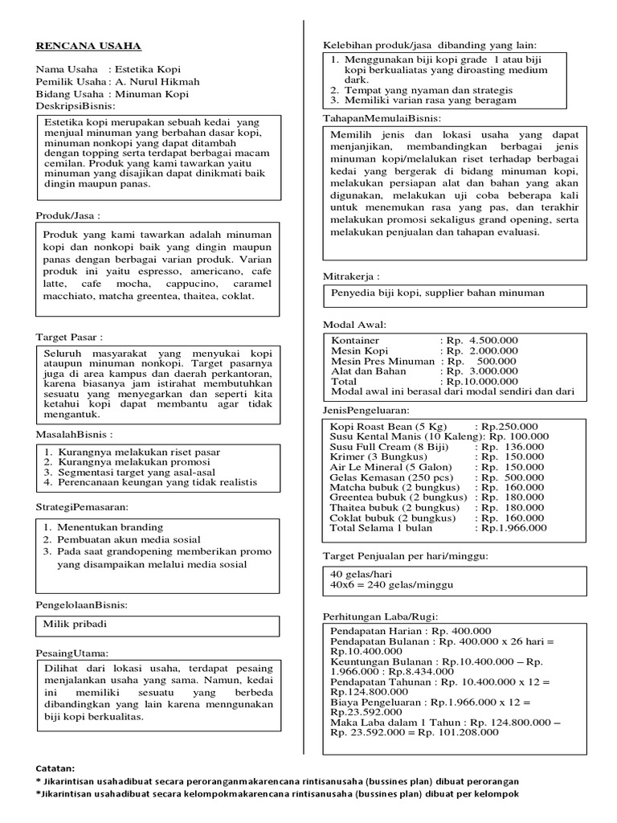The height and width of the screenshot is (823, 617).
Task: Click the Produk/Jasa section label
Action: (68, 216)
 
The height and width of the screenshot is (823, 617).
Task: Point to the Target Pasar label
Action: (69, 336)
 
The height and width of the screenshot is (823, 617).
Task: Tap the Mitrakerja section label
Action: (351, 276)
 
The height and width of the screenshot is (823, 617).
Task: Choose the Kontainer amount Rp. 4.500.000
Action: (480, 340)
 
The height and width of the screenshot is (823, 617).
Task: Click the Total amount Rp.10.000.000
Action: (478, 382)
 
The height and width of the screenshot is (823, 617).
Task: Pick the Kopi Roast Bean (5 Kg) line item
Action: (391, 425)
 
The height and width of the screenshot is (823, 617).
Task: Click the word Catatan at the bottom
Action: (55, 768)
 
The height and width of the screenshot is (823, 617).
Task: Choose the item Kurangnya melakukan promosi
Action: (126, 462)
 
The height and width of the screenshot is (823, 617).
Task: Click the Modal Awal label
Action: (354, 325)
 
